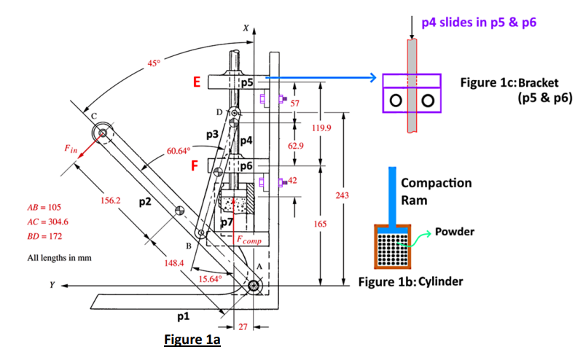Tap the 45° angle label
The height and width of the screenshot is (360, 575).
point(154,63)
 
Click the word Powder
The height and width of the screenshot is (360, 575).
point(455,232)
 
